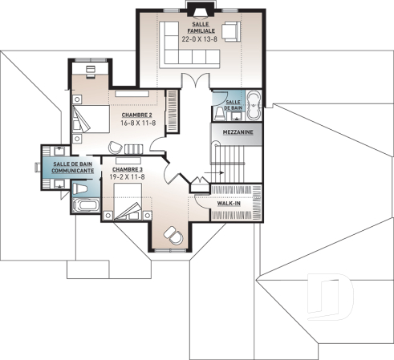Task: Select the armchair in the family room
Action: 230,31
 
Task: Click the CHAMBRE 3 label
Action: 128,170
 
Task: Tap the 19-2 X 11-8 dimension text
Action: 128,178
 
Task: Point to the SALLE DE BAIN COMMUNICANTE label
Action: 73,167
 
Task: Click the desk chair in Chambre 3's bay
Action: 170,233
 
